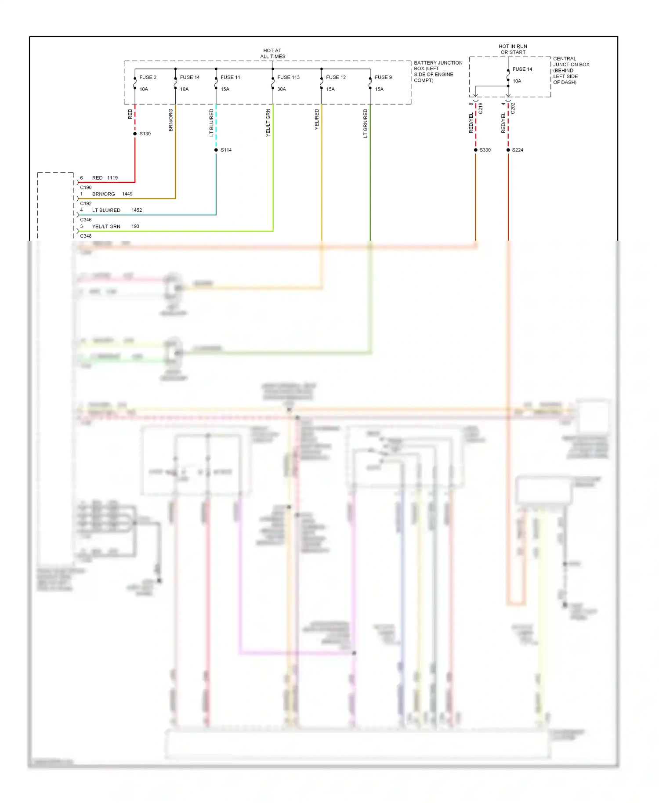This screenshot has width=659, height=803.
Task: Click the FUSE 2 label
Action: (148, 77)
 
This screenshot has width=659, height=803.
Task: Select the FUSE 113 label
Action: (288, 77)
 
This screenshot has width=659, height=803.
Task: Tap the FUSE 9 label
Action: (383, 77)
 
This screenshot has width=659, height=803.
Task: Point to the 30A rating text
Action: (282, 89)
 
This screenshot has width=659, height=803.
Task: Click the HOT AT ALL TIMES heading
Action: (272, 54)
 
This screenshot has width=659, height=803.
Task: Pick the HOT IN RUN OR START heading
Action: (513, 49)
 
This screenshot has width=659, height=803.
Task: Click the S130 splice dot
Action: (135, 134)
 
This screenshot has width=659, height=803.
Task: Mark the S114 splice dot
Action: (216, 150)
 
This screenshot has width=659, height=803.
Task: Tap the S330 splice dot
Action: (475, 150)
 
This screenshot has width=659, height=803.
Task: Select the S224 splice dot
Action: (508, 150)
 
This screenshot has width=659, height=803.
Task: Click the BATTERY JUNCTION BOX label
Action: (438, 72)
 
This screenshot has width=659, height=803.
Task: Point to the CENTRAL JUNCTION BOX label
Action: (571, 70)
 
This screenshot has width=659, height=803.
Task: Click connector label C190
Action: (86, 188)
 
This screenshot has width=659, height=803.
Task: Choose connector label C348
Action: (86, 236)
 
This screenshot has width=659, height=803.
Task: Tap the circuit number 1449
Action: (127, 194)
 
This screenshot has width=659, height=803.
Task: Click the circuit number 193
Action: (135, 226)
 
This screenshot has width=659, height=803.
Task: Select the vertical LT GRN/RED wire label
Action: (365, 123)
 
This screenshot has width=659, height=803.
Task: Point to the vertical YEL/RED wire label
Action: (317, 119)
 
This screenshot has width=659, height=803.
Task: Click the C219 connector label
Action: (481, 109)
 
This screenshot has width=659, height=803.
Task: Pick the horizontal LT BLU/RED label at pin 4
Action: (106, 210)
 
